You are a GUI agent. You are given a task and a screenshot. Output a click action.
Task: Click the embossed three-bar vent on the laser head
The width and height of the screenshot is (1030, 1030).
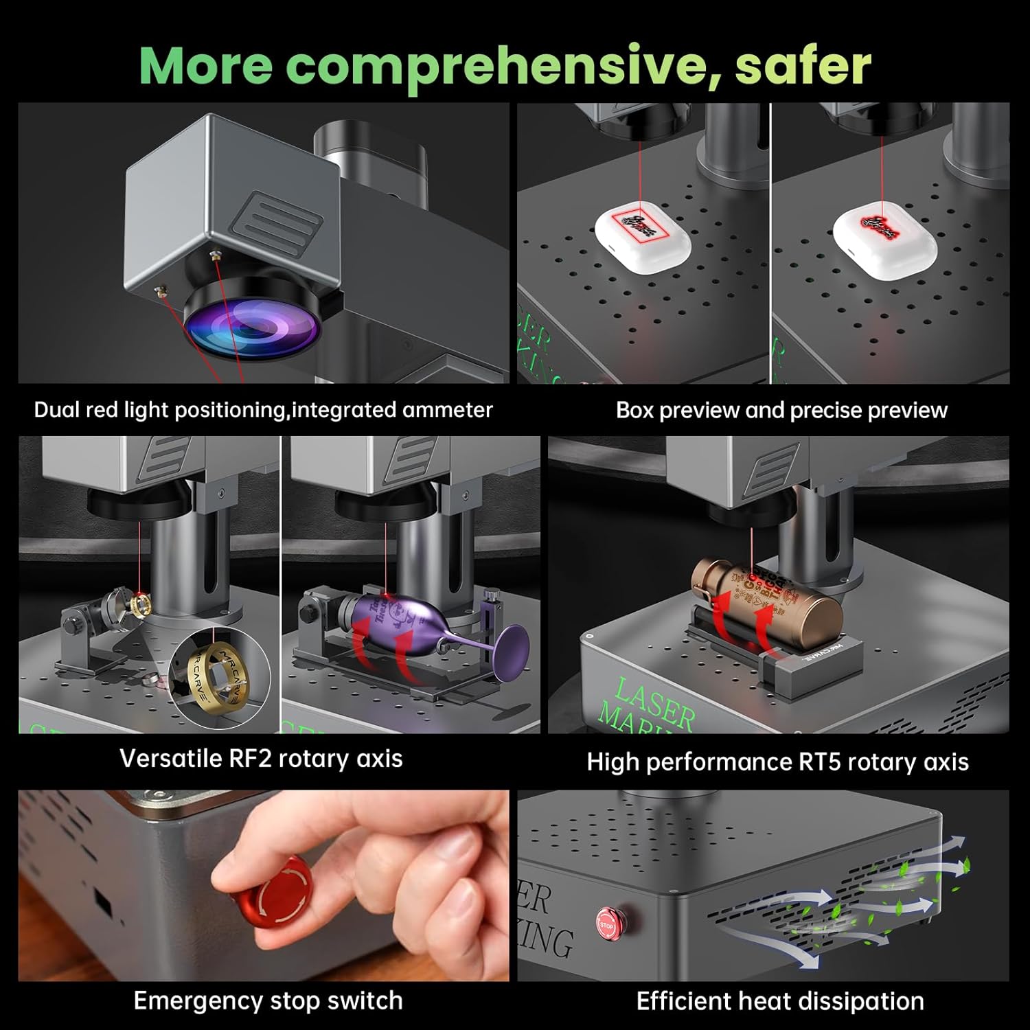pyautogui.click(x=278, y=220)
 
